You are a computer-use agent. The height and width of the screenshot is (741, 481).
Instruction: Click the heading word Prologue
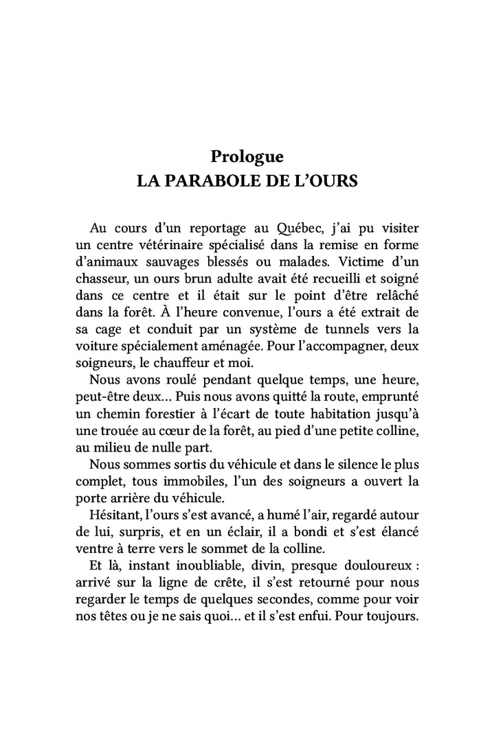[x=247, y=156]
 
